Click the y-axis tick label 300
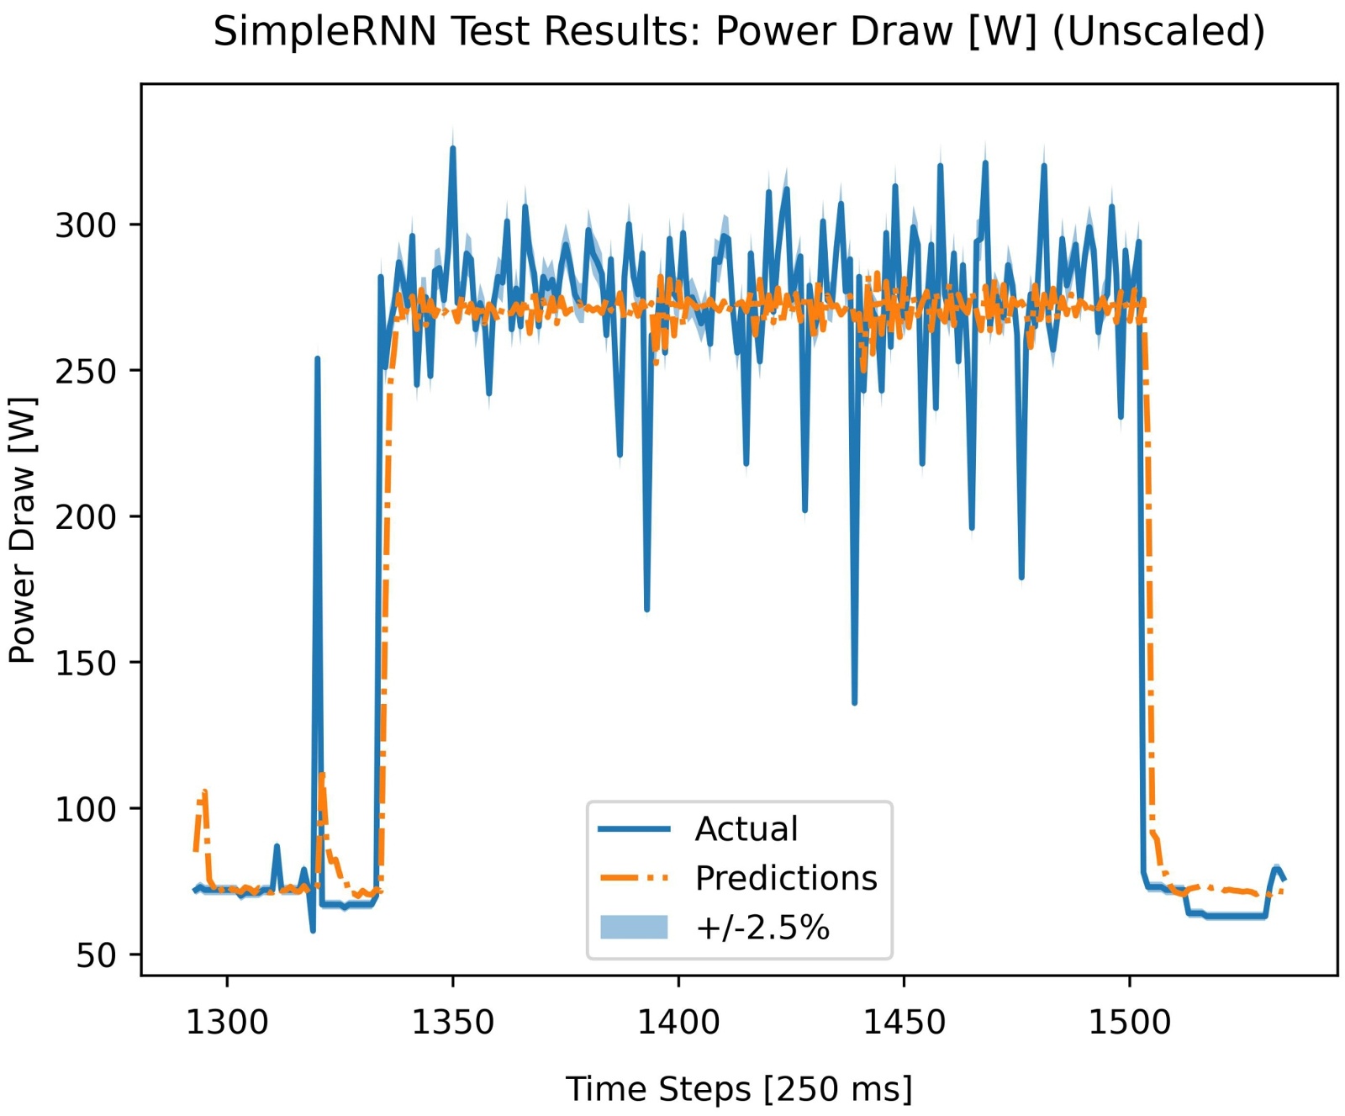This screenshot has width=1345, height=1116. (x=85, y=225)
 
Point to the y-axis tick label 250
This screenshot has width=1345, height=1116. (x=85, y=371)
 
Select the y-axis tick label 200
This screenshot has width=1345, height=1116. (x=85, y=517)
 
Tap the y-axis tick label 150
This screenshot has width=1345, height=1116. (x=85, y=663)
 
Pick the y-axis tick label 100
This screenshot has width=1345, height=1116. (x=85, y=809)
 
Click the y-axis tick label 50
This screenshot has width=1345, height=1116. (x=95, y=955)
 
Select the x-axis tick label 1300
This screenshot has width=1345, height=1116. (x=227, y=1023)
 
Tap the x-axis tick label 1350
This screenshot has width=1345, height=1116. (x=452, y=1023)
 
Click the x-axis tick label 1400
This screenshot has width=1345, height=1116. (x=678, y=1023)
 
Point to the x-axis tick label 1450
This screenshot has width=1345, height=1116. (x=904, y=1023)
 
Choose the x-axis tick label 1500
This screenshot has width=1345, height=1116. (x=1129, y=1023)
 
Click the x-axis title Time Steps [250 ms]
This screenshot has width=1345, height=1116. (x=738, y=1088)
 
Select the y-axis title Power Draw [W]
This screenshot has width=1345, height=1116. (x=23, y=530)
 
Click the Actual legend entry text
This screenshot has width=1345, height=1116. (x=746, y=829)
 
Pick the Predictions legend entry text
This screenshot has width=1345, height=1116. (x=786, y=878)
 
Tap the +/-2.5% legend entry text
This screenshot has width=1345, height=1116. (x=762, y=928)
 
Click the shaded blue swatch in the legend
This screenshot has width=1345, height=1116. (x=634, y=928)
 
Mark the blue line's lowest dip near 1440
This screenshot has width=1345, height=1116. (x=854, y=702)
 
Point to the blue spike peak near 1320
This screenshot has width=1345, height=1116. (x=317, y=359)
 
